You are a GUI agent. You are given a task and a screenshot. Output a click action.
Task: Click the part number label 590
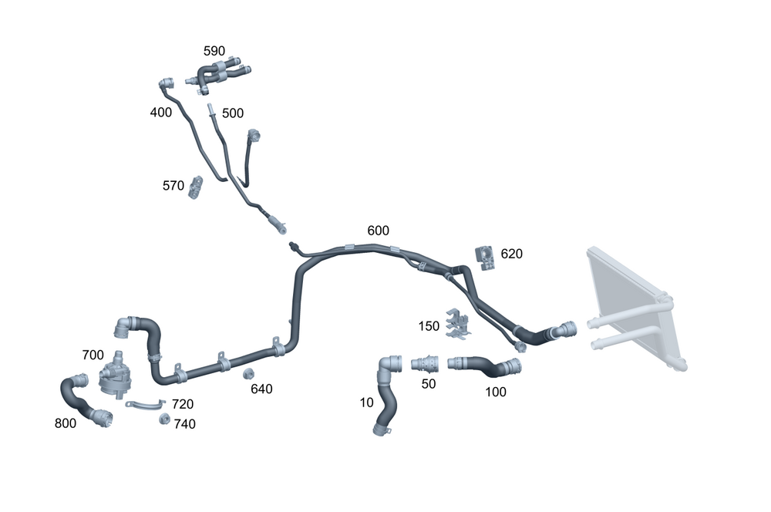coord(214,51)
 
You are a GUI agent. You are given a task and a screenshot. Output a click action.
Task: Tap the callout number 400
coord(161,113)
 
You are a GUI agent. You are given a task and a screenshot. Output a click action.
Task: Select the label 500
coord(232,113)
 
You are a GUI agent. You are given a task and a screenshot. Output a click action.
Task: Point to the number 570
coord(173,185)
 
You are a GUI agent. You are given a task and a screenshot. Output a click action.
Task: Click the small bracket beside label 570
coord(196,187)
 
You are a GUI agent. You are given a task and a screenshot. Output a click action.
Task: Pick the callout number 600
coord(378,231)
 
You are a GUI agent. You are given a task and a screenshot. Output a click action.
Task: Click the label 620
coord(512,253)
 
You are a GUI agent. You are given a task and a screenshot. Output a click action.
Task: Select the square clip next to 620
coord(484,257)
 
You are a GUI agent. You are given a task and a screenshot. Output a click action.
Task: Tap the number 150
coord(429,326)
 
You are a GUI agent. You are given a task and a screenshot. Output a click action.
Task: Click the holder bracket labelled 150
coord(458,324)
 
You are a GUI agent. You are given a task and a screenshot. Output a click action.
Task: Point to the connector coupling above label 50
coord(426,363)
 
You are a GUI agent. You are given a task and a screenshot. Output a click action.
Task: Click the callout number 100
coord(496,392)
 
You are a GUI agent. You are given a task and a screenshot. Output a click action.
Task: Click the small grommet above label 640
coord(249,375)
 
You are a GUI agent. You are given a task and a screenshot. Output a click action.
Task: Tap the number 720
coord(183,404)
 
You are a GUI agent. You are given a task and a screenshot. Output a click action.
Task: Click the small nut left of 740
coord(163,419)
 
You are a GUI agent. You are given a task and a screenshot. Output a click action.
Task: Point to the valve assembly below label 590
coord(218,75)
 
